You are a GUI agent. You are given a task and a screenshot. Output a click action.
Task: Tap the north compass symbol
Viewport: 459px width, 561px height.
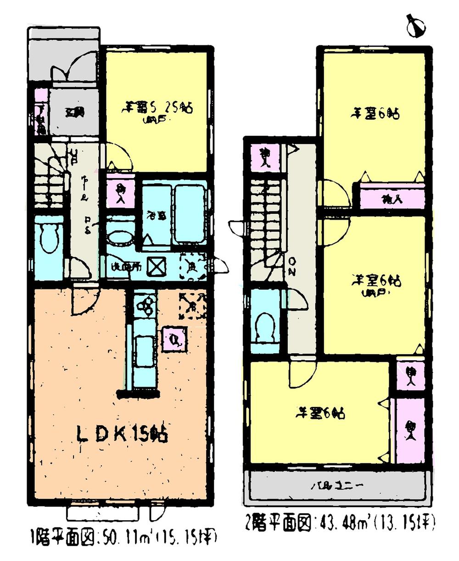[416, 25]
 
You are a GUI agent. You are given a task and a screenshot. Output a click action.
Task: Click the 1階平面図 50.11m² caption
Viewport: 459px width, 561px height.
[123, 536]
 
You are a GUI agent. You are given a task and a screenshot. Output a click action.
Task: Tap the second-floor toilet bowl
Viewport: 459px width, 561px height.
[265, 325]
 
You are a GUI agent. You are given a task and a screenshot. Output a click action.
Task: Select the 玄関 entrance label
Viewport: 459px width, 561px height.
[73, 111]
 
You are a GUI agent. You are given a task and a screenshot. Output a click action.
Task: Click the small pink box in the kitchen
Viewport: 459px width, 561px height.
[175, 339]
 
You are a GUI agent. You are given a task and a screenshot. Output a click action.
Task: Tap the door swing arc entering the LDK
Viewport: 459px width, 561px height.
[85, 301]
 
